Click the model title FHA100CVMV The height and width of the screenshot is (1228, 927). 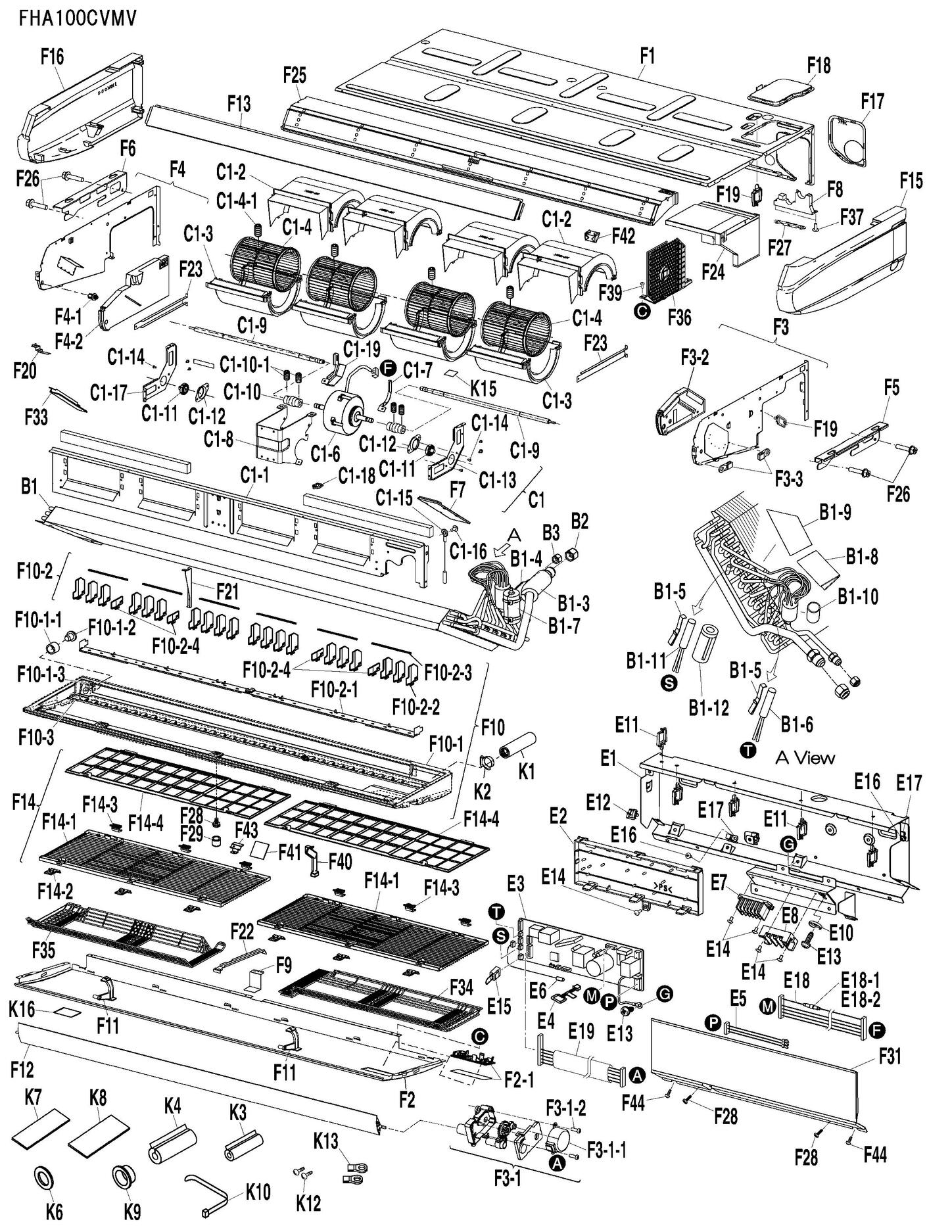click(78, 18)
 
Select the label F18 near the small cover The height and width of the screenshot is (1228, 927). click(818, 65)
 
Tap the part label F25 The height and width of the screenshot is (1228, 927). click(295, 76)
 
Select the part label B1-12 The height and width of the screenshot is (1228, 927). click(709, 707)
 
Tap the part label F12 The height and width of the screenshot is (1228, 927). click(22, 1070)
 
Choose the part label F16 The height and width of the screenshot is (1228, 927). click(52, 57)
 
